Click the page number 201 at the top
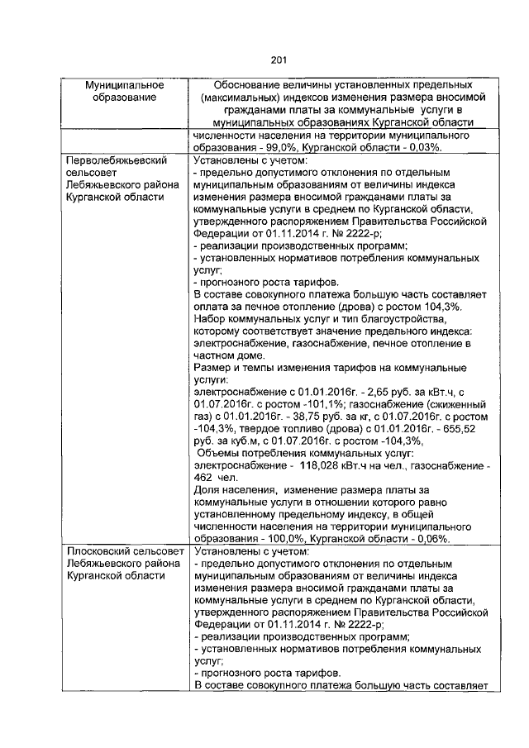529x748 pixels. [x=278, y=59]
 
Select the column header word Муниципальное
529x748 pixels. [x=125, y=85]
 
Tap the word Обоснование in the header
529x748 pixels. [x=250, y=85]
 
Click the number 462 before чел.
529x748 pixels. [x=203, y=479]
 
